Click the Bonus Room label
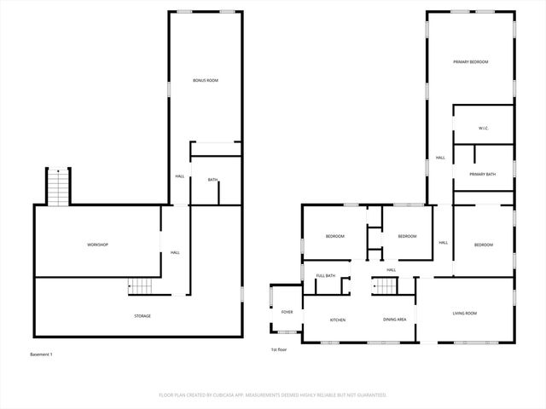(206, 80)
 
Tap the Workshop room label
(97, 245)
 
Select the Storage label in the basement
(142, 316)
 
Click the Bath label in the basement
(212, 180)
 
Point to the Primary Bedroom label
(470, 62)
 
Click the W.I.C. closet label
(482, 128)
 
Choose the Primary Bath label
(482, 175)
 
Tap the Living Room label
(464, 314)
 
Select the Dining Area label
(394, 320)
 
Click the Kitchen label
(338, 320)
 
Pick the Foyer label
(288, 312)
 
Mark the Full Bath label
(325, 276)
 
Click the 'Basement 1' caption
(41, 354)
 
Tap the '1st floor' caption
(279, 350)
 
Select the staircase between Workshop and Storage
(139, 287)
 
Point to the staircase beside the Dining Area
(386, 287)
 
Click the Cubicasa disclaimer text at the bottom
(273, 395)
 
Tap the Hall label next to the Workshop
(174, 252)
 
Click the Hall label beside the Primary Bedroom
(440, 158)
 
